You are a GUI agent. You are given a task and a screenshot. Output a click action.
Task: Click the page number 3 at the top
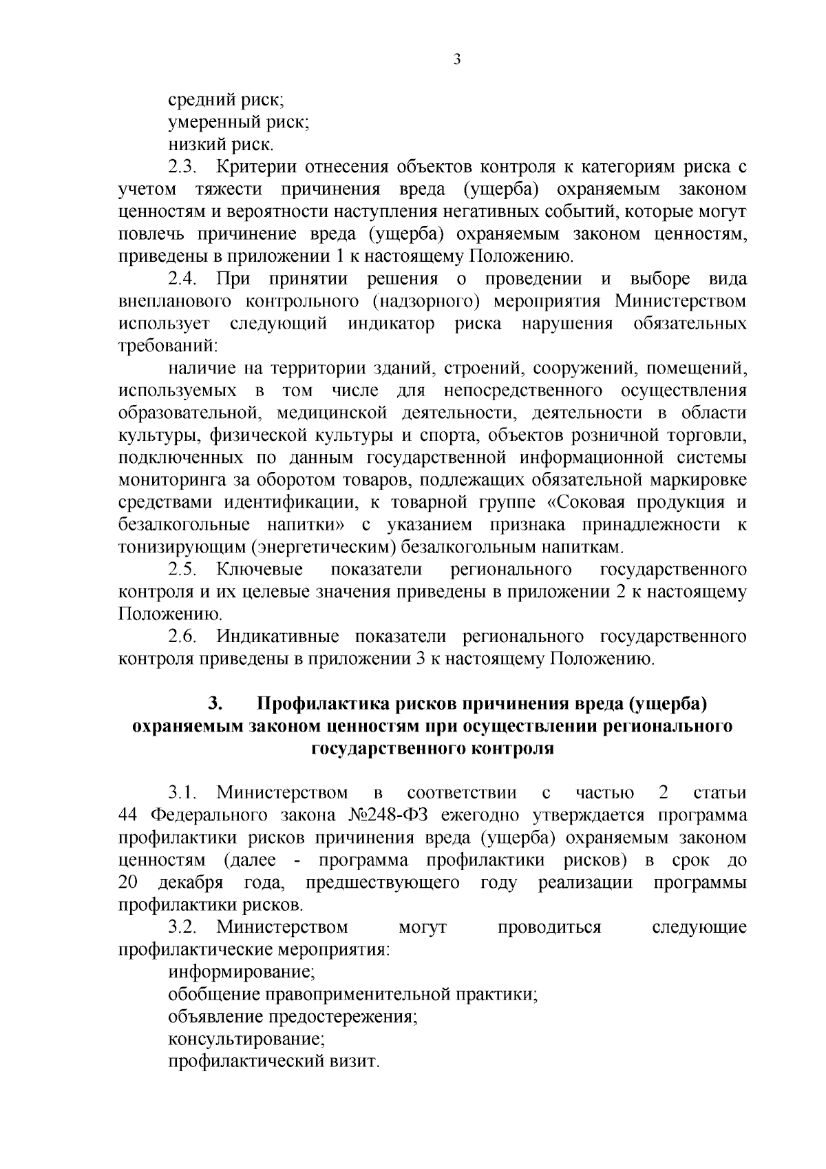click(x=457, y=59)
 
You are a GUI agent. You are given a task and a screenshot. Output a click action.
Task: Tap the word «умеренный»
click(x=215, y=123)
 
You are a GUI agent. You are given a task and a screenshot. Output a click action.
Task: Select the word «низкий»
click(x=198, y=145)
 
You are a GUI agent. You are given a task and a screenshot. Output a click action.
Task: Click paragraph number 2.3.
click(x=184, y=167)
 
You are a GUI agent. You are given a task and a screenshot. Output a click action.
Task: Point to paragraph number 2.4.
click(x=184, y=279)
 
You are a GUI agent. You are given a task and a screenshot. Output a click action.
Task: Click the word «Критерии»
click(x=256, y=167)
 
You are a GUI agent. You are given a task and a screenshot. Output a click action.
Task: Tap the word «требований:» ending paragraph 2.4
click(x=168, y=346)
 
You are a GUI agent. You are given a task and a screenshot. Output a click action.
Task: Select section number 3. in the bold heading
click(x=215, y=703)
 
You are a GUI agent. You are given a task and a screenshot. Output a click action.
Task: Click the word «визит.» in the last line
click(x=355, y=1061)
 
